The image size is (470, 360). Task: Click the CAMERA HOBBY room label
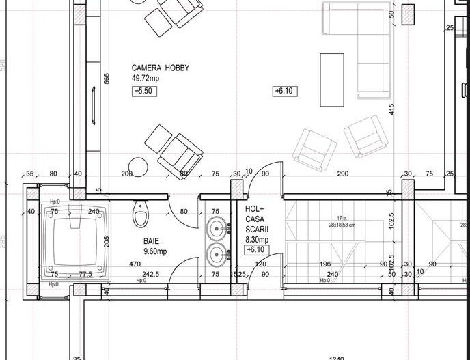(x=161, y=68)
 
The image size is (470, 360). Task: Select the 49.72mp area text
(x=145, y=79)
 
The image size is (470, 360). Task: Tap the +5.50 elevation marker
(x=145, y=91)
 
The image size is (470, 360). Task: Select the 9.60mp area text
(x=155, y=251)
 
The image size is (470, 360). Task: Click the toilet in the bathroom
(x=141, y=214)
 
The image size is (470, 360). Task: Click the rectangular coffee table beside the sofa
(x=332, y=80)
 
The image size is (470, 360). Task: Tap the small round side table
(x=139, y=166)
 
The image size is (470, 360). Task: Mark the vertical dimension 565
(x=107, y=79)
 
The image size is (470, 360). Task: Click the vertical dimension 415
(x=392, y=109)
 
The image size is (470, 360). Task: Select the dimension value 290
(x=343, y=174)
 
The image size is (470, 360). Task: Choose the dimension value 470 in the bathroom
(x=135, y=264)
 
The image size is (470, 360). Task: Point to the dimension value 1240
(x=336, y=358)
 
